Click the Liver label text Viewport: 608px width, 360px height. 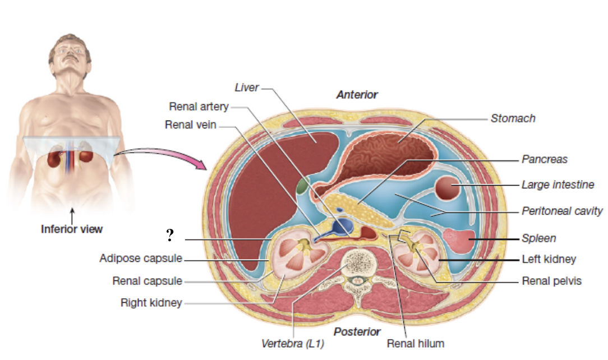[x=246, y=87]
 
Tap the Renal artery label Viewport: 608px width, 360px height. [x=199, y=107]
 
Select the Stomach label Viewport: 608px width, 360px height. [x=513, y=118]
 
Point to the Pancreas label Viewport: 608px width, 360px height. [x=544, y=159]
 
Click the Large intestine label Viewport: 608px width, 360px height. [x=558, y=184]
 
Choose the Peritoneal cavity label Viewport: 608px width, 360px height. [x=562, y=211]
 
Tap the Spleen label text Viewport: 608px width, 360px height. [x=538, y=238]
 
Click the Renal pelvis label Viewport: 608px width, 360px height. [x=551, y=281]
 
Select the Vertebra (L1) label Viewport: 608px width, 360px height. [x=292, y=343]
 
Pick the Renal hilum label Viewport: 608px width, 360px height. [x=415, y=343]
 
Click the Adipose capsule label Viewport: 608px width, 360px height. [x=141, y=259]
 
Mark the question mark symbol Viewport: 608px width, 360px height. [x=169, y=236]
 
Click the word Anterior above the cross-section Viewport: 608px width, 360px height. [x=357, y=95]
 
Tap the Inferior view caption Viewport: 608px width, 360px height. [x=72, y=229]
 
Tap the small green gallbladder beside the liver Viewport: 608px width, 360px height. [x=303, y=185]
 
